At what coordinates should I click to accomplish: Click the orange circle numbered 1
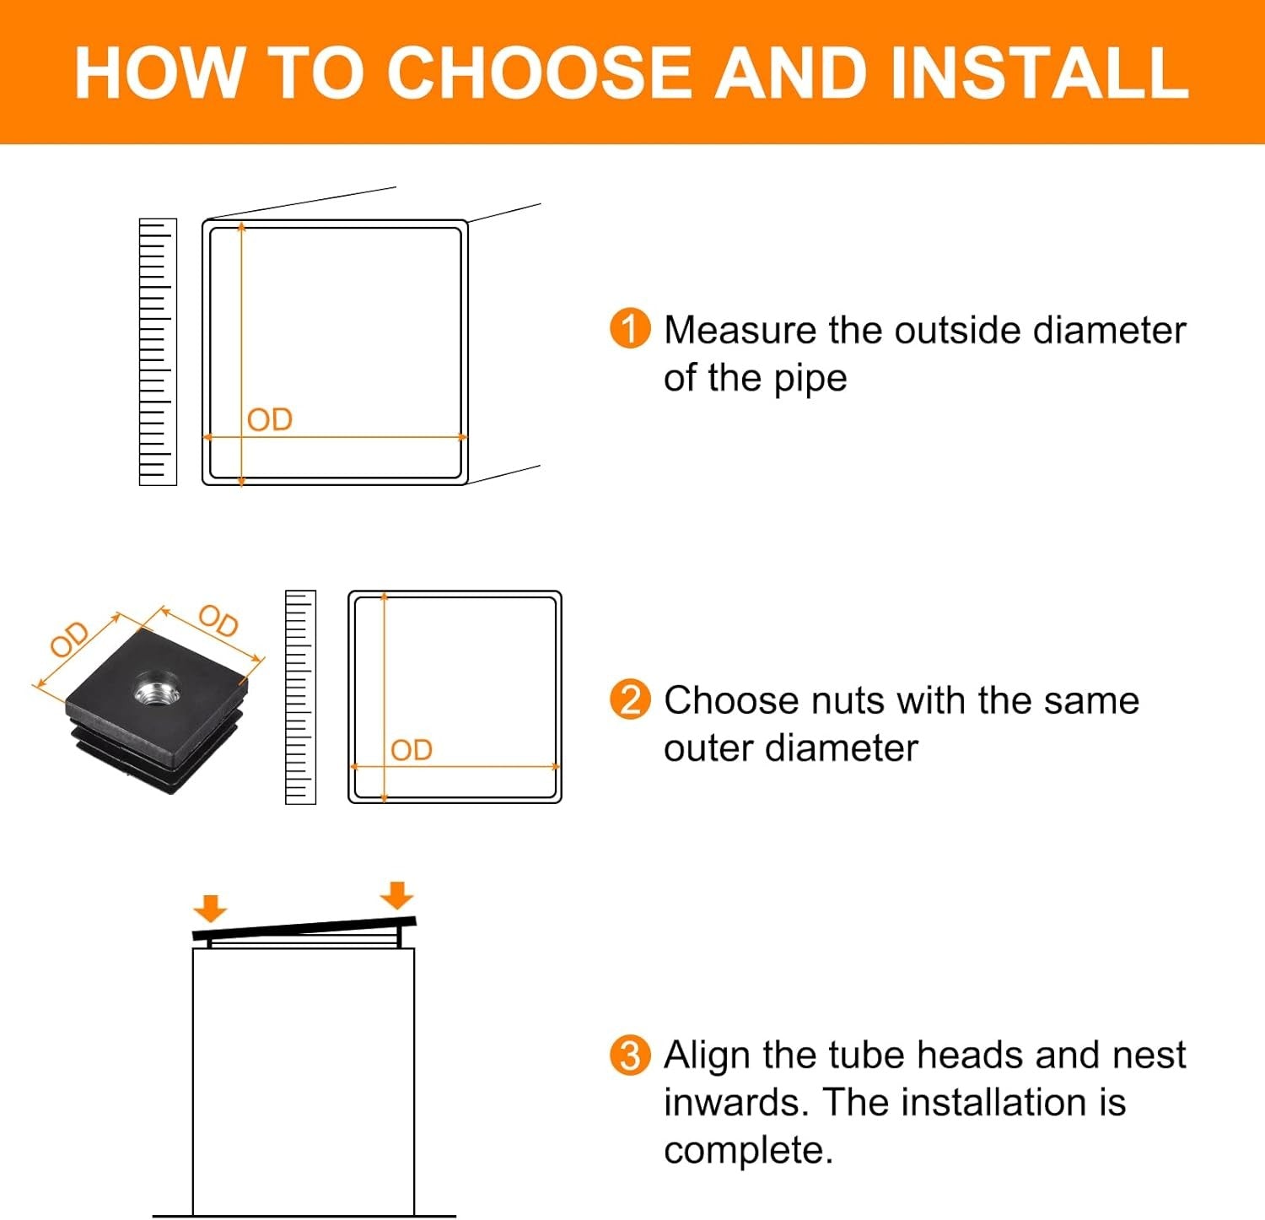630,329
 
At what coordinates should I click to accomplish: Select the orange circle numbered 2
630,699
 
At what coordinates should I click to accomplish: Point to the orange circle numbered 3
630,1055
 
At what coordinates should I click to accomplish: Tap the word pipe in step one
810,380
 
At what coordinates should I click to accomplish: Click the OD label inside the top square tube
270,419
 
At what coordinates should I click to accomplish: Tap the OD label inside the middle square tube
412,749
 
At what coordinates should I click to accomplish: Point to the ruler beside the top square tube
158,352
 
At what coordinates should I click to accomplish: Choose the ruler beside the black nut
300,697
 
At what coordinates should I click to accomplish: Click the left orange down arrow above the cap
210,909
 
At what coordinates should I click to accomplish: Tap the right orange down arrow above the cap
396,895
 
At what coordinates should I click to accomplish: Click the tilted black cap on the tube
304,931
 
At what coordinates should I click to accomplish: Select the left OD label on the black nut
70,638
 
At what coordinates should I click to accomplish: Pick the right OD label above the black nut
218,621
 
